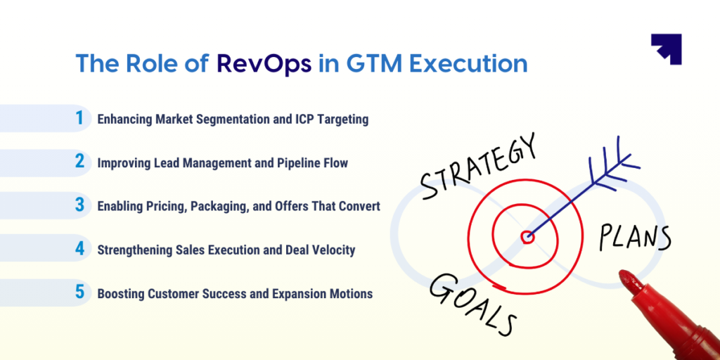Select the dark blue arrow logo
(667, 49)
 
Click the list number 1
(80, 118)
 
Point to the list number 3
(80, 205)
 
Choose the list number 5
(80, 292)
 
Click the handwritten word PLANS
(635, 236)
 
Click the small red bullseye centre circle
(527, 236)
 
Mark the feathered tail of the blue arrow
(612, 167)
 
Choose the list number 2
(80, 162)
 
